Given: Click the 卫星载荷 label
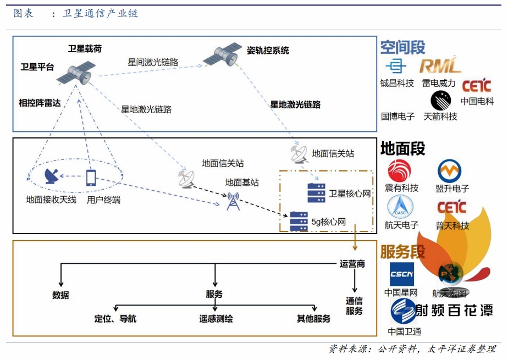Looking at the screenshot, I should click(85, 48).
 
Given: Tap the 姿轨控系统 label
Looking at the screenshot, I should click(268, 51).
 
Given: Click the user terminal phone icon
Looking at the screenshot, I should click(91, 177).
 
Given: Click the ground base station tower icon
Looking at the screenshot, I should click(233, 201).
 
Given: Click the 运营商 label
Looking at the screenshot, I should click(352, 264).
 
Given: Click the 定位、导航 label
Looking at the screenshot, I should click(115, 318).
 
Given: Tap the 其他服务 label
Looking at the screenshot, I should click(313, 318).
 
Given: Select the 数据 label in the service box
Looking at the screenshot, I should click(60, 295).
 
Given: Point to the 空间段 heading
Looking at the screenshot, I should click(402, 47).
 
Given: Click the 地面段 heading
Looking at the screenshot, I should click(402, 148).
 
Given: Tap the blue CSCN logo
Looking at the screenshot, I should click(401, 274).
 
